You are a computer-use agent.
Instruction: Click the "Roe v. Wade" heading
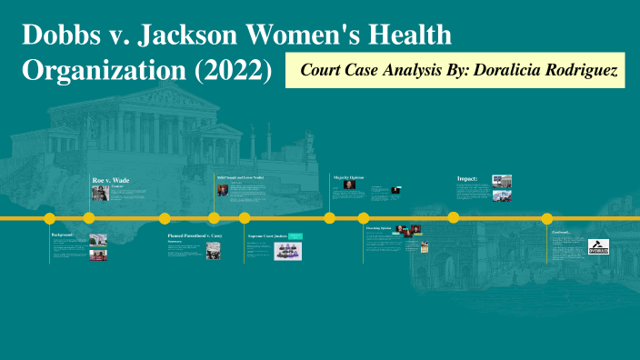pos(111,181)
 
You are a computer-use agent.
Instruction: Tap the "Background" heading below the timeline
pos(65,235)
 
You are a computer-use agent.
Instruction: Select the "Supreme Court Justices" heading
pos(267,235)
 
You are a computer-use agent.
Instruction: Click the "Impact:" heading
pos(467,179)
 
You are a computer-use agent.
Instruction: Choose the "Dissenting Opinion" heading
pos(378,228)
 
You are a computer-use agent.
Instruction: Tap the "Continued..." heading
pos(560,232)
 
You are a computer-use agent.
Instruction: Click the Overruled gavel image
pos(597,245)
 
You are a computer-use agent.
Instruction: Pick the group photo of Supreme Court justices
pos(288,250)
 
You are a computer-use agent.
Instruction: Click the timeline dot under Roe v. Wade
pos(89,218)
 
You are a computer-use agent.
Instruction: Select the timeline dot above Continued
pos(547,218)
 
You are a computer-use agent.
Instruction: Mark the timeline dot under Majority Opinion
pos(330,218)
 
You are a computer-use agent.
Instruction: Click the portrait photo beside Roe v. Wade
pos(101,194)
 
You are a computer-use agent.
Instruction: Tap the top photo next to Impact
pos(502,181)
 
